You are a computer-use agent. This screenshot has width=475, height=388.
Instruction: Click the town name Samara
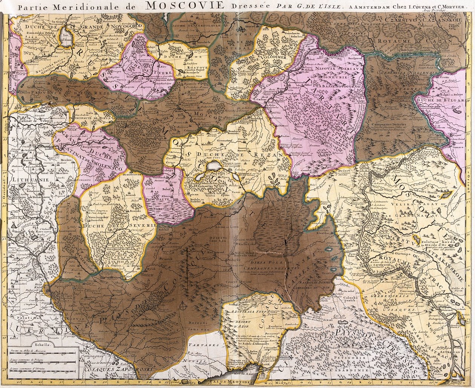pos(458,148)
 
